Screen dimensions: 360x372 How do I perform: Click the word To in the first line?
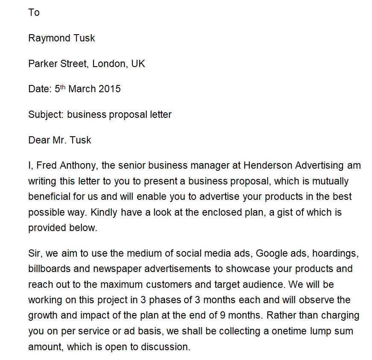tap(34, 12)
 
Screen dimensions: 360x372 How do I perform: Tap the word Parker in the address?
tap(42, 64)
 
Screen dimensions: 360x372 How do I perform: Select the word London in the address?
tap(109, 64)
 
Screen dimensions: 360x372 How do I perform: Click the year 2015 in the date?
tap(109, 89)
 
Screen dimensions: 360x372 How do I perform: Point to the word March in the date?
tap(82, 89)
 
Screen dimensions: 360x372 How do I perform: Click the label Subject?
tap(46, 114)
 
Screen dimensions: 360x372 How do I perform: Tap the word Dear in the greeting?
tap(39, 140)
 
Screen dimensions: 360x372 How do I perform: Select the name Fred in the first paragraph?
tap(46, 165)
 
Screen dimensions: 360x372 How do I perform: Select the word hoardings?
tap(335, 253)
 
